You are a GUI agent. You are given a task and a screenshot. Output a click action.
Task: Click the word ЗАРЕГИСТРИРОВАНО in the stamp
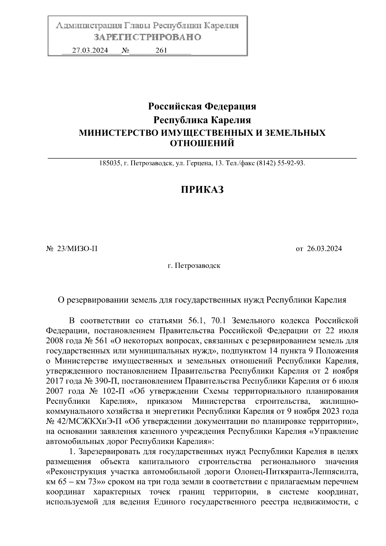[x=148, y=37]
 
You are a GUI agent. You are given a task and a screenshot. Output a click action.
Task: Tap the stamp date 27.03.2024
[x=90, y=51]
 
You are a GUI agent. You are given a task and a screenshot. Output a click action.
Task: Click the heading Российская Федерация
[x=202, y=106]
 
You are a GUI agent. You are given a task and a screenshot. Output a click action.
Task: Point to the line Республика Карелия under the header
[x=202, y=120]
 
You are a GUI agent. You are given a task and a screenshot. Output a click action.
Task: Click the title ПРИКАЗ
[x=202, y=190]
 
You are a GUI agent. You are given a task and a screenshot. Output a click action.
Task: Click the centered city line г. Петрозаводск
[x=194, y=266]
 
